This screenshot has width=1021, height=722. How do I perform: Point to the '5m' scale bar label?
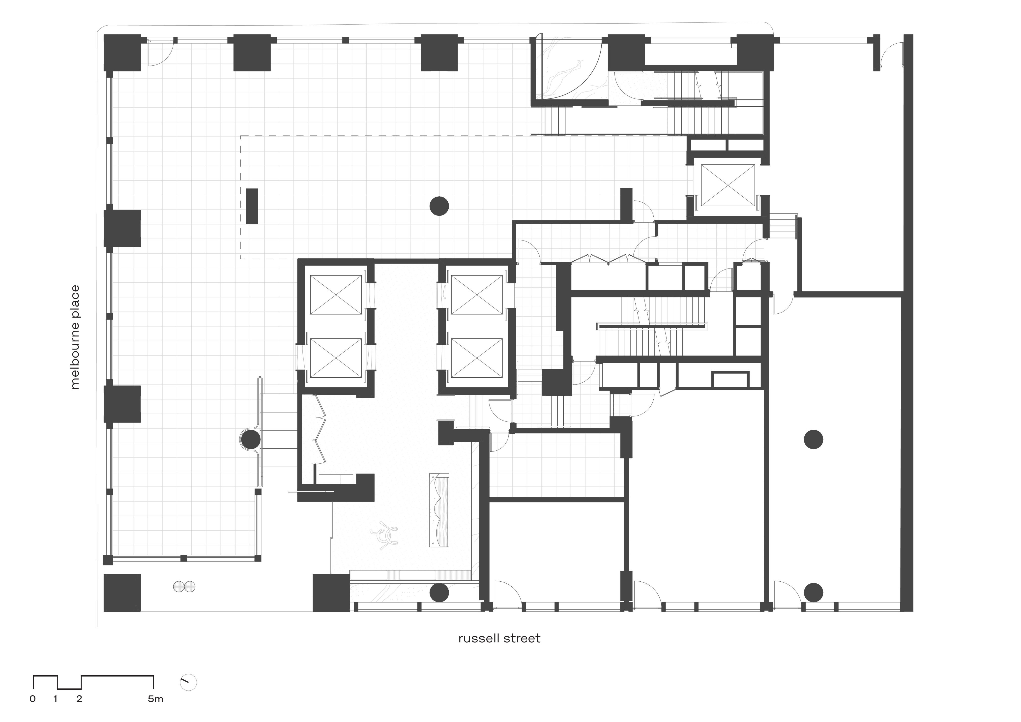coord(156,699)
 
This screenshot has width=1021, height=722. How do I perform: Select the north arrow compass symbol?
coord(189,682)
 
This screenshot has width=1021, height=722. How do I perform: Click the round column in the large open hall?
coord(439,206)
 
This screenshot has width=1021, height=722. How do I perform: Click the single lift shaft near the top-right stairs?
coord(728,185)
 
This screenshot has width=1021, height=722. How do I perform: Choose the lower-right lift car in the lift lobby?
coord(477,358)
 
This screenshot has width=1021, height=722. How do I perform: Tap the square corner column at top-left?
coord(122,53)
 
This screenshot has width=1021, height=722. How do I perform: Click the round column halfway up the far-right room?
coord(813,440)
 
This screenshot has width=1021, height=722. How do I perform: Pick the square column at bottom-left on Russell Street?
coord(122,593)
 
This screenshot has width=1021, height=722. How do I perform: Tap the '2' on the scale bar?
coord(79,699)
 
